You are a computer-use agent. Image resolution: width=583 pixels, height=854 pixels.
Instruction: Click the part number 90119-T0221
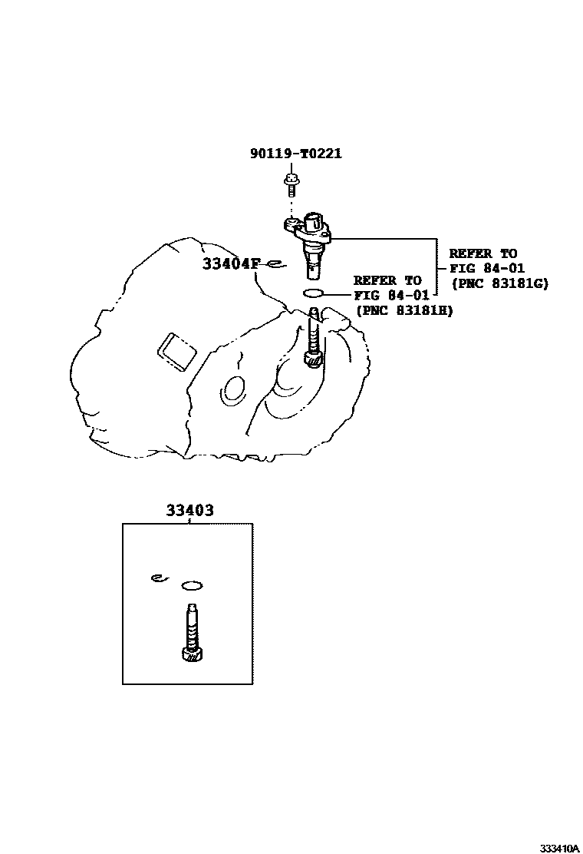[295, 154]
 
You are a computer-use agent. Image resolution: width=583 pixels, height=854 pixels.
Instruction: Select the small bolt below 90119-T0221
[291, 182]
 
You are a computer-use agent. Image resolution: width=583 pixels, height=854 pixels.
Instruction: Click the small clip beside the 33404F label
[275, 266]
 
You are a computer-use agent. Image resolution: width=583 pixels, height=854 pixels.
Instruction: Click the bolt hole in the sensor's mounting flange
[292, 224]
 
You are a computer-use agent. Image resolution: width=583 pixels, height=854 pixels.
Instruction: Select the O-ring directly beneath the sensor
[315, 293]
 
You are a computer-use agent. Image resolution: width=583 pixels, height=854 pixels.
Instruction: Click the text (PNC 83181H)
[403, 309]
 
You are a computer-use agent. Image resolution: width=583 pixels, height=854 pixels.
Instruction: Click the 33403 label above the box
[188, 510]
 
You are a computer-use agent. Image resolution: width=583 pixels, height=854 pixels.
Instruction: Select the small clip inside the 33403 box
[158, 578]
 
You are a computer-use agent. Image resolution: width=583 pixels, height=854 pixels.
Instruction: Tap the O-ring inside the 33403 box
[192, 587]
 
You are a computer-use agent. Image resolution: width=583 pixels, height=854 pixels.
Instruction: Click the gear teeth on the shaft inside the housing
[314, 357]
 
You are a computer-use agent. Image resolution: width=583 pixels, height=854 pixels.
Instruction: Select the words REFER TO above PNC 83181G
[483, 253]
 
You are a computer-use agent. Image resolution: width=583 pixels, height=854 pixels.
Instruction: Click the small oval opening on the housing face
[230, 391]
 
